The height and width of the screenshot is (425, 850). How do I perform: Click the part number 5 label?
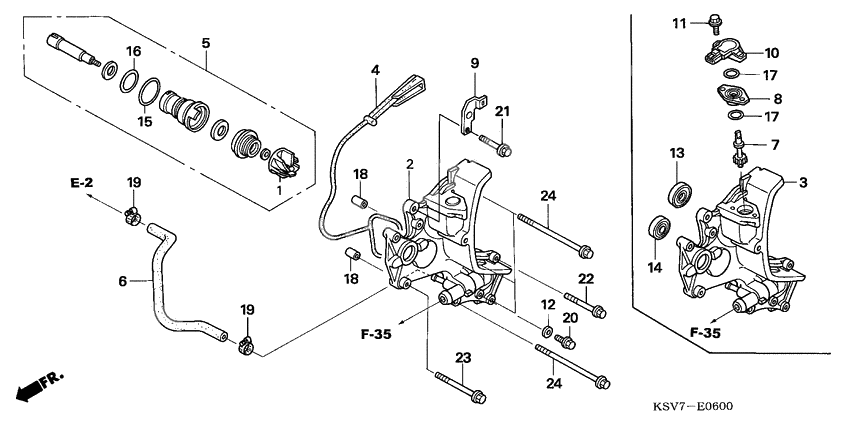click(x=205, y=44)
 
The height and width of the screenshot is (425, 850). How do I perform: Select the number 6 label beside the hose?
click(x=123, y=282)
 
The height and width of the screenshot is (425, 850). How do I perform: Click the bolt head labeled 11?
click(x=717, y=20)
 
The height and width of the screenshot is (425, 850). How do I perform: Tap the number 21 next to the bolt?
click(x=502, y=110)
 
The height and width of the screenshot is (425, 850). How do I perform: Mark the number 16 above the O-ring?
click(x=133, y=50)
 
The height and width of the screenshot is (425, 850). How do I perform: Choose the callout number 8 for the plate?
click(x=778, y=100)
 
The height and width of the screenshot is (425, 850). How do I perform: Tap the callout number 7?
click(x=774, y=145)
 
